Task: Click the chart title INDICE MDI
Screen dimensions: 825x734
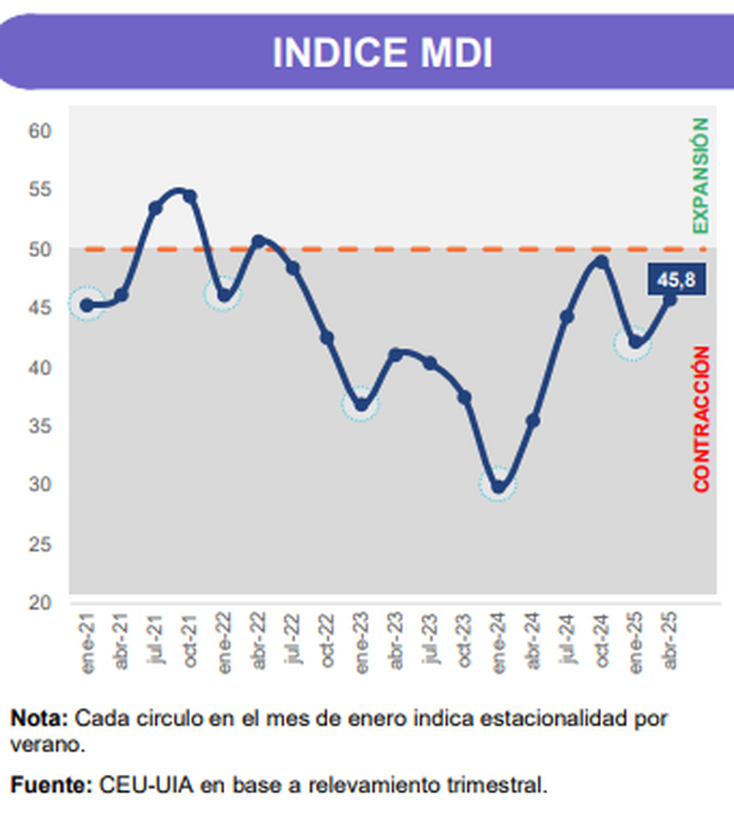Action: pyautogui.click(x=382, y=53)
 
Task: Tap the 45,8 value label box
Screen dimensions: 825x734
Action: pyautogui.click(x=676, y=280)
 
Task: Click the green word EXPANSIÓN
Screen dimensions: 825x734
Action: pyautogui.click(x=701, y=176)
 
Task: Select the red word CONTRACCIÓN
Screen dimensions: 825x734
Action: pyautogui.click(x=702, y=419)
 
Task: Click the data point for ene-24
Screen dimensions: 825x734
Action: pyautogui.click(x=499, y=486)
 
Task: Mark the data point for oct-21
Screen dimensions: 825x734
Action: pyautogui.click(x=190, y=196)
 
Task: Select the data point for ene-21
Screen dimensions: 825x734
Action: pyautogui.click(x=87, y=305)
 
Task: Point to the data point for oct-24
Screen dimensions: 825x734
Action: pyautogui.click(x=601, y=262)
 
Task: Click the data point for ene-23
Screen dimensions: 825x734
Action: pyautogui.click(x=361, y=405)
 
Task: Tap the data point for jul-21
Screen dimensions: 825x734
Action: pyautogui.click(x=156, y=209)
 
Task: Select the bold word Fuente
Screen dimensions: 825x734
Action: pyautogui.click(x=48, y=785)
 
